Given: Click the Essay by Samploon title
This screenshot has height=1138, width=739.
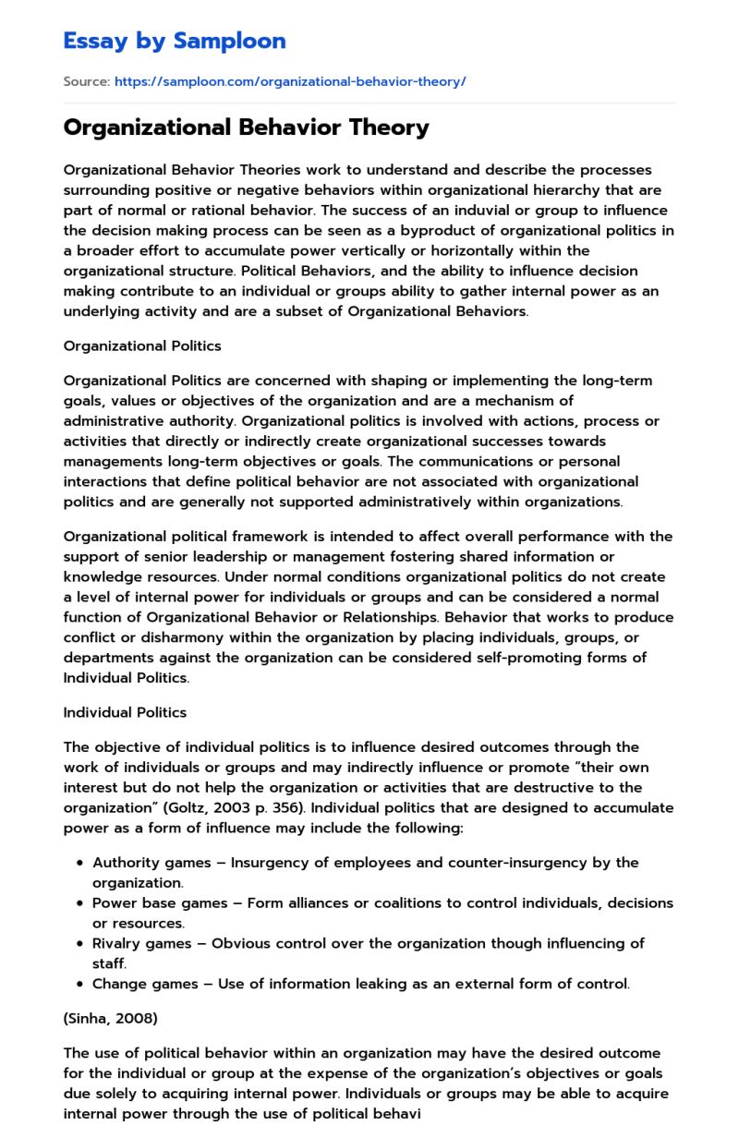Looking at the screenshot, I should click(175, 41).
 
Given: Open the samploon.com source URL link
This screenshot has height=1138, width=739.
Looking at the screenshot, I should click(290, 81).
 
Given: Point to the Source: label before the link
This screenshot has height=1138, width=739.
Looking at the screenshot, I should click(86, 81).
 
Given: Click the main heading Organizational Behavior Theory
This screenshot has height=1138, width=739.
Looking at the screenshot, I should click(246, 127).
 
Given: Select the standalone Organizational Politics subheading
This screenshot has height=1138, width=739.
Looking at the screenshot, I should click(142, 345).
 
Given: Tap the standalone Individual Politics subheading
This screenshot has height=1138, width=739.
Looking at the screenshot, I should click(125, 712).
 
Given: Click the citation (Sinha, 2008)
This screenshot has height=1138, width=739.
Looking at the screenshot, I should click(110, 1018).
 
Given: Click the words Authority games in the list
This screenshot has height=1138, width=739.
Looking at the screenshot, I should click(139, 862).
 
